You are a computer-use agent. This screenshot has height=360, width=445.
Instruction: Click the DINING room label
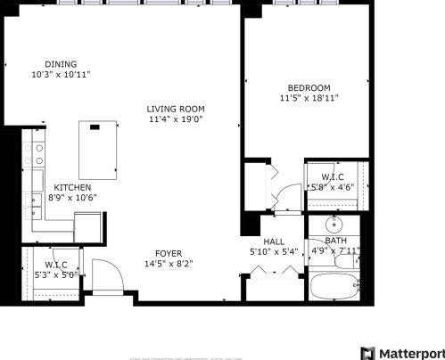[61, 64]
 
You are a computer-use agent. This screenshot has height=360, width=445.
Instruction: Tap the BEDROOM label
[309, 87]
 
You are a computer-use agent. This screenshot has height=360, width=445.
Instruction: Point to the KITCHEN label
[71, 187]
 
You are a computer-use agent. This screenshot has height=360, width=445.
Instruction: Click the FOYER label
[169, 253]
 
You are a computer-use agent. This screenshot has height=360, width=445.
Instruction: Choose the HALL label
[273, 241]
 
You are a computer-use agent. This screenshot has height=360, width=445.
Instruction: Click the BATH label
[335, 241]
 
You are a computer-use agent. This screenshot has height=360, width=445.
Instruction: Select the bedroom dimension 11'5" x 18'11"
[309, 97]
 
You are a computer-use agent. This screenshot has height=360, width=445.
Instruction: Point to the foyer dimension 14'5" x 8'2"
[169, 263]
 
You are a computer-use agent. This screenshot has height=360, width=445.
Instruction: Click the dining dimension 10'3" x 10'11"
[61, 75]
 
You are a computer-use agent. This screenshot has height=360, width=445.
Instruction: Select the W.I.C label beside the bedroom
[331, 177]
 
